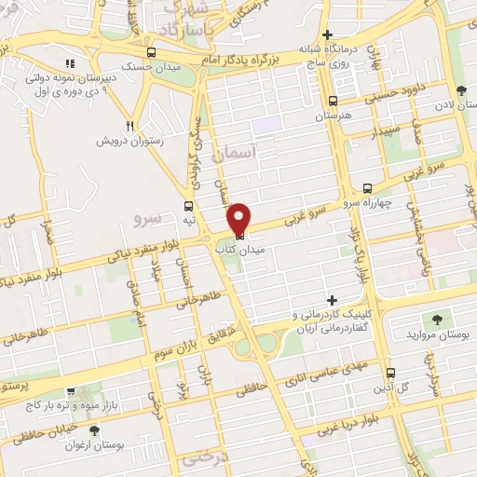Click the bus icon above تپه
click(x=190, y=207)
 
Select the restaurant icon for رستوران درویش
click(x=130, y=126)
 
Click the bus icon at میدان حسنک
click(x=152, y=52)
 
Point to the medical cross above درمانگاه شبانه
click(x=327, y=34)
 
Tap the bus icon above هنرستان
click(x=334, y=102)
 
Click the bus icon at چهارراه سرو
click(x=367, y=187)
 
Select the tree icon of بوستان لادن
click(x=461, y=90)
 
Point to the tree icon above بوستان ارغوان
click(x=93, y=430)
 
